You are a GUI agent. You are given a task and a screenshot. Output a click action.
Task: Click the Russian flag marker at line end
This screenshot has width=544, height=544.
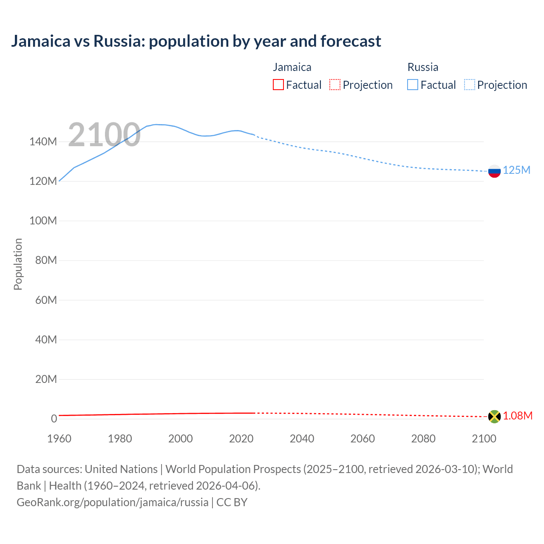494,171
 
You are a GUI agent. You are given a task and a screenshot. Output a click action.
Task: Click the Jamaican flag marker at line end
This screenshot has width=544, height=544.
494,416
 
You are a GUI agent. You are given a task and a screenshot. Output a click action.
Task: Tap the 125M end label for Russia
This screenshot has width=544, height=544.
516,170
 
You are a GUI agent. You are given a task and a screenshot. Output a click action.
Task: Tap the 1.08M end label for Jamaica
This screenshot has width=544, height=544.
517,416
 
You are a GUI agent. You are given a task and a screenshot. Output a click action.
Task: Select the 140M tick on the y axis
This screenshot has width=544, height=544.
43,142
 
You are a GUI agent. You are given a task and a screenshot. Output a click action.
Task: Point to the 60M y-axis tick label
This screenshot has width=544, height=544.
45,300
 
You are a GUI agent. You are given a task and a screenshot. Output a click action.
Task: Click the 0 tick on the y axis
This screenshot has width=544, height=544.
54,419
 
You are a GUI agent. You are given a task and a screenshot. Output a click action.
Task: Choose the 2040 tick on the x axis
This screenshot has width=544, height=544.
302,439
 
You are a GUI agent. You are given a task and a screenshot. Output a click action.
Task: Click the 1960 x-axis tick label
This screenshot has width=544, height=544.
59,439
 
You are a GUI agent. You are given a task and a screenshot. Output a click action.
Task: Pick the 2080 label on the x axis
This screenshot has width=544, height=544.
423,439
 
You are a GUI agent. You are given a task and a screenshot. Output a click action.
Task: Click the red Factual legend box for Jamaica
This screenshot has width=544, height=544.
278,85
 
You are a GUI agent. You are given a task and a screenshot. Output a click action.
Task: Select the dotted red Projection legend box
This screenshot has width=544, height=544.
335,85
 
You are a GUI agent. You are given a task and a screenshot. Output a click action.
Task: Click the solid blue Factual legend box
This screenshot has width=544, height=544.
413,85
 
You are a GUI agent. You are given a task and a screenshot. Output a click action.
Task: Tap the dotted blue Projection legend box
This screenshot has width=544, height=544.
470,85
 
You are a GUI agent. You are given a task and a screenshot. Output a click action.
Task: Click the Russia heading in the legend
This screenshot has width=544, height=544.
422,67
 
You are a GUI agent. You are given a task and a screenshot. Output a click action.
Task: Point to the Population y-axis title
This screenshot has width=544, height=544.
18,264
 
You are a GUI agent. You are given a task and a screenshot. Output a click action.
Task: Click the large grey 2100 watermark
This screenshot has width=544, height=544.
104,135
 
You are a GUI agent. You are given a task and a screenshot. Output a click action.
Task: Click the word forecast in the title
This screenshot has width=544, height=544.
351,41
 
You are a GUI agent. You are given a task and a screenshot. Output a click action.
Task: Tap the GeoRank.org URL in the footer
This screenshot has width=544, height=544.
113,502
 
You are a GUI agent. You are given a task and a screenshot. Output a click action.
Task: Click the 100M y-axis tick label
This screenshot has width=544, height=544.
43,221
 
